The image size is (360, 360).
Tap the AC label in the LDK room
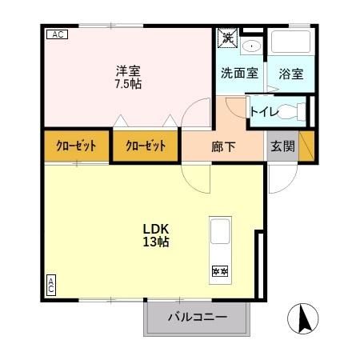point(50,284)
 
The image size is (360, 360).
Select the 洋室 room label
point(128,70)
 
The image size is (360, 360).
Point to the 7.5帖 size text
point(128,83)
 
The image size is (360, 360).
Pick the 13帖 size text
point(155,242)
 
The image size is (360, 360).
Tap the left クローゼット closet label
point(76,146)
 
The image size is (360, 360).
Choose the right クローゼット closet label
point(145,146)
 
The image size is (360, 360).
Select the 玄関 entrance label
point(282,146)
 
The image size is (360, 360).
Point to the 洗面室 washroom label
point(239,74)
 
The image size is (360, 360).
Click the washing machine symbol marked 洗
point(227,38)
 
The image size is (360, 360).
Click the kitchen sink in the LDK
point(220,233)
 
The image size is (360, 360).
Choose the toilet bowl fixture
point(293,112)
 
